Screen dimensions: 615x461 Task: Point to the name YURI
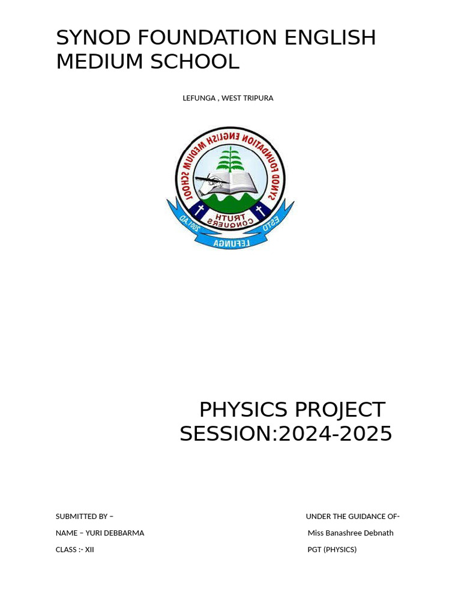[x=95, y=533]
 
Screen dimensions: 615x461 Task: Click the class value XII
[x=89, y=550]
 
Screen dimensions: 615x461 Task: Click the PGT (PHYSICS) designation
[x=332, y=550]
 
